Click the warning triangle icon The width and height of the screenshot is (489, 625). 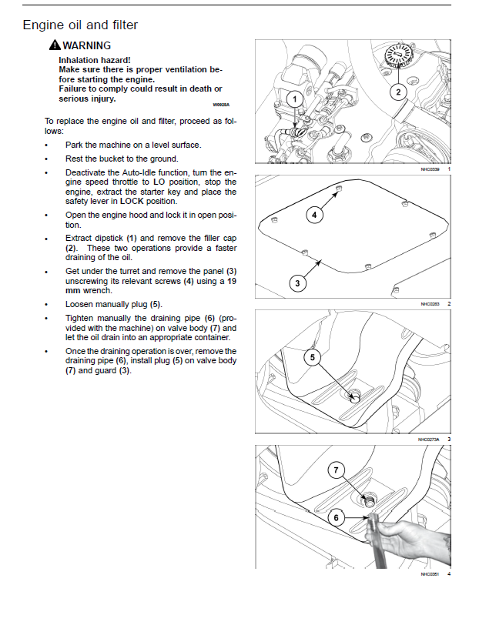[54, 46]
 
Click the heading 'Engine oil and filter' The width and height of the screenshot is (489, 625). [80, 25]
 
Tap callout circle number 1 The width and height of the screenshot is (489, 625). [294, 99]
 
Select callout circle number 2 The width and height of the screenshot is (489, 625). [397, 92]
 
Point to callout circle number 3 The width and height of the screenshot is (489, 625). [298, 284]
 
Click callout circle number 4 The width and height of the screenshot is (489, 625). [314, 215]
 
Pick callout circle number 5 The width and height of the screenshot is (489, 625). [312, 356]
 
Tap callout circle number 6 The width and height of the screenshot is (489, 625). [336, 517]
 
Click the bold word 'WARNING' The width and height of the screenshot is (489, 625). [86, 45]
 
